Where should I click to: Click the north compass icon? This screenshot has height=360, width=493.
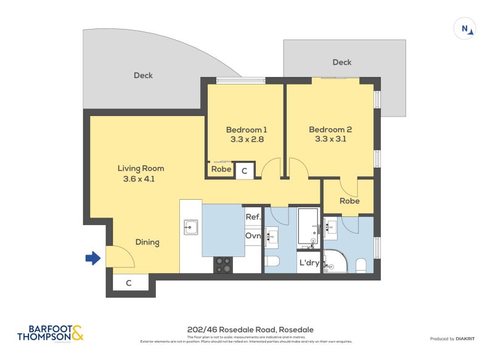[x=465, y=29]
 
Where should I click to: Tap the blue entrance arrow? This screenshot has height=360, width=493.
[x=92, y=258]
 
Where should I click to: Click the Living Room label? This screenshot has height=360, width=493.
[x=141, y=168]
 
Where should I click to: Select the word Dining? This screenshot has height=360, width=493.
[x=147, y=242]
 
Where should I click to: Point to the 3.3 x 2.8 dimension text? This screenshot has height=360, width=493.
[x=246, y=140]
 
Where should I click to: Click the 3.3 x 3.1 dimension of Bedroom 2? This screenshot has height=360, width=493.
[x=330, y=140]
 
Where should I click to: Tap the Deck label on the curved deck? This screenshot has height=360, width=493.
[x=143, y=75]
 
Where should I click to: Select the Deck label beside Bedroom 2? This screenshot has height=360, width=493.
[x=341, y=62]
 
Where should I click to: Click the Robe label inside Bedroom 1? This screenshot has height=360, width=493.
[x=221, y=170]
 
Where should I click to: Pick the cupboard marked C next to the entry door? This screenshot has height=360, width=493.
[x=129, y=283]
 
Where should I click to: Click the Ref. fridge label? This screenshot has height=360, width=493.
[x=253, y=217]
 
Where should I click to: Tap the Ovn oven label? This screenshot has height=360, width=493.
[x=253, y=236]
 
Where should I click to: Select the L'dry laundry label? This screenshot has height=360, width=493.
[x=309, y=263]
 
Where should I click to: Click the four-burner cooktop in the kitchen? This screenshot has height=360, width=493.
[x=222, y=264]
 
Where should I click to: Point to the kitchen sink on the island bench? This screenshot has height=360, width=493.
[x=190, y=227]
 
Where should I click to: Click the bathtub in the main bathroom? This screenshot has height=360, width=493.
[x=308, y=226]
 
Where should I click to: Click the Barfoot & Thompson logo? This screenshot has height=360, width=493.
[x=51, y=333]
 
